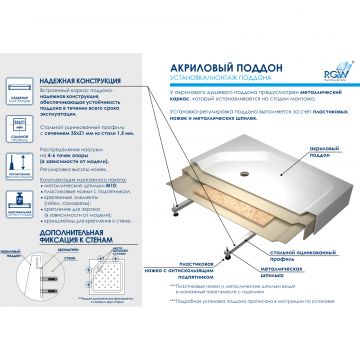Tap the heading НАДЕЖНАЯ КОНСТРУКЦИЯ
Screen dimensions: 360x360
76,87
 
